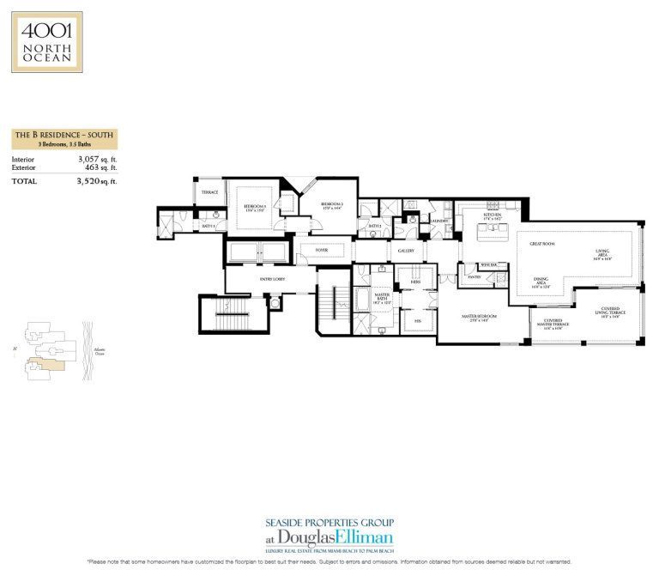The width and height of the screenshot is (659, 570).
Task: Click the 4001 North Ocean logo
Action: (x=47, y=42)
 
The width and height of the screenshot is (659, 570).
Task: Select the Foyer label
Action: (x=321, y=251)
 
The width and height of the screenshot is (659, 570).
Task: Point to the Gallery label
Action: (x=406, y=251)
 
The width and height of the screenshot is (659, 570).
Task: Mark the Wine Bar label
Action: (x=490, y=266)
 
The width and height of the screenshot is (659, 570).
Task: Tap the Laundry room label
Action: (x=440, y=221)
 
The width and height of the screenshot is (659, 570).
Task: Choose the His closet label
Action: (x=416, y=323)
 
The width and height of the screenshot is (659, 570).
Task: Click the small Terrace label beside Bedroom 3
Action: (x=209, y=192)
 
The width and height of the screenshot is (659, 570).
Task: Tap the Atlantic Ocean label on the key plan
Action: (x=99, y=352)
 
